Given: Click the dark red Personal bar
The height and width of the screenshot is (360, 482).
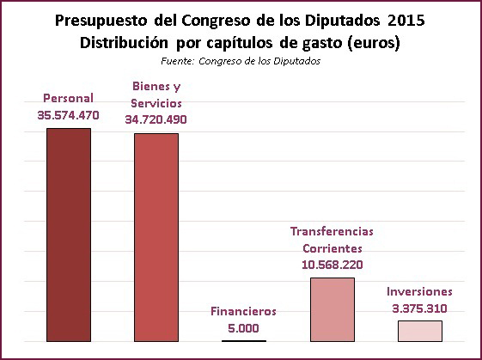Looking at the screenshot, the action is click(69, 235).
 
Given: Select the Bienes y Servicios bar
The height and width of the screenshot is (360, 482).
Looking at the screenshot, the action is click(156, 237).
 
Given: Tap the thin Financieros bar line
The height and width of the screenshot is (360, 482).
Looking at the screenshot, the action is click(244, 340).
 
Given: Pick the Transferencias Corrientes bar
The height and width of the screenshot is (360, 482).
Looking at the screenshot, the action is click(333, 309).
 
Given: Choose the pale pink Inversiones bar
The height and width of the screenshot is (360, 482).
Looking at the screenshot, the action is click(420, 331).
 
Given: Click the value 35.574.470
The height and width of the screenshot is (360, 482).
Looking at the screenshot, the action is click(68, 115).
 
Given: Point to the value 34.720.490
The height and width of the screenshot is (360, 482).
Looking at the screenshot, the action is click(156, 119).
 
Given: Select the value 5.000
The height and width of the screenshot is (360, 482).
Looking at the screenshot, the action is click(243, 328).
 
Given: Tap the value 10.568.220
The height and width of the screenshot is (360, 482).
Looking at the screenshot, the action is click(333, 265).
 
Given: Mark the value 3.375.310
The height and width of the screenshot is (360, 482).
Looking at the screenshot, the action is click(419, 308).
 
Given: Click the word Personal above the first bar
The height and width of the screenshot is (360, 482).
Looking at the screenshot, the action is click(68, 99).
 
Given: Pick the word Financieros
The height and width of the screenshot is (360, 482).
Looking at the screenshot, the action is click(243, 311).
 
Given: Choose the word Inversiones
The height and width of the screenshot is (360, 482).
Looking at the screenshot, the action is click(419, 291).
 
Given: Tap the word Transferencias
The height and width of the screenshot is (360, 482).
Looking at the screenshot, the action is click(332, 231).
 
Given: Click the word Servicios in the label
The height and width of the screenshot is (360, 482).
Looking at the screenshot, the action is click(156, 103).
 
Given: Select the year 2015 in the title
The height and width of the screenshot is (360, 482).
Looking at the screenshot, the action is click(406, 21).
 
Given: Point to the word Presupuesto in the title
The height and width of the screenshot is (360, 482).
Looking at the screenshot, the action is click(101, 21).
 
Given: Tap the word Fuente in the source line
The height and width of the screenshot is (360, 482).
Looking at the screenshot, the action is click(177, 61).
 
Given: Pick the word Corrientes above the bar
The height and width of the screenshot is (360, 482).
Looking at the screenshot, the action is click(333, 248).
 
